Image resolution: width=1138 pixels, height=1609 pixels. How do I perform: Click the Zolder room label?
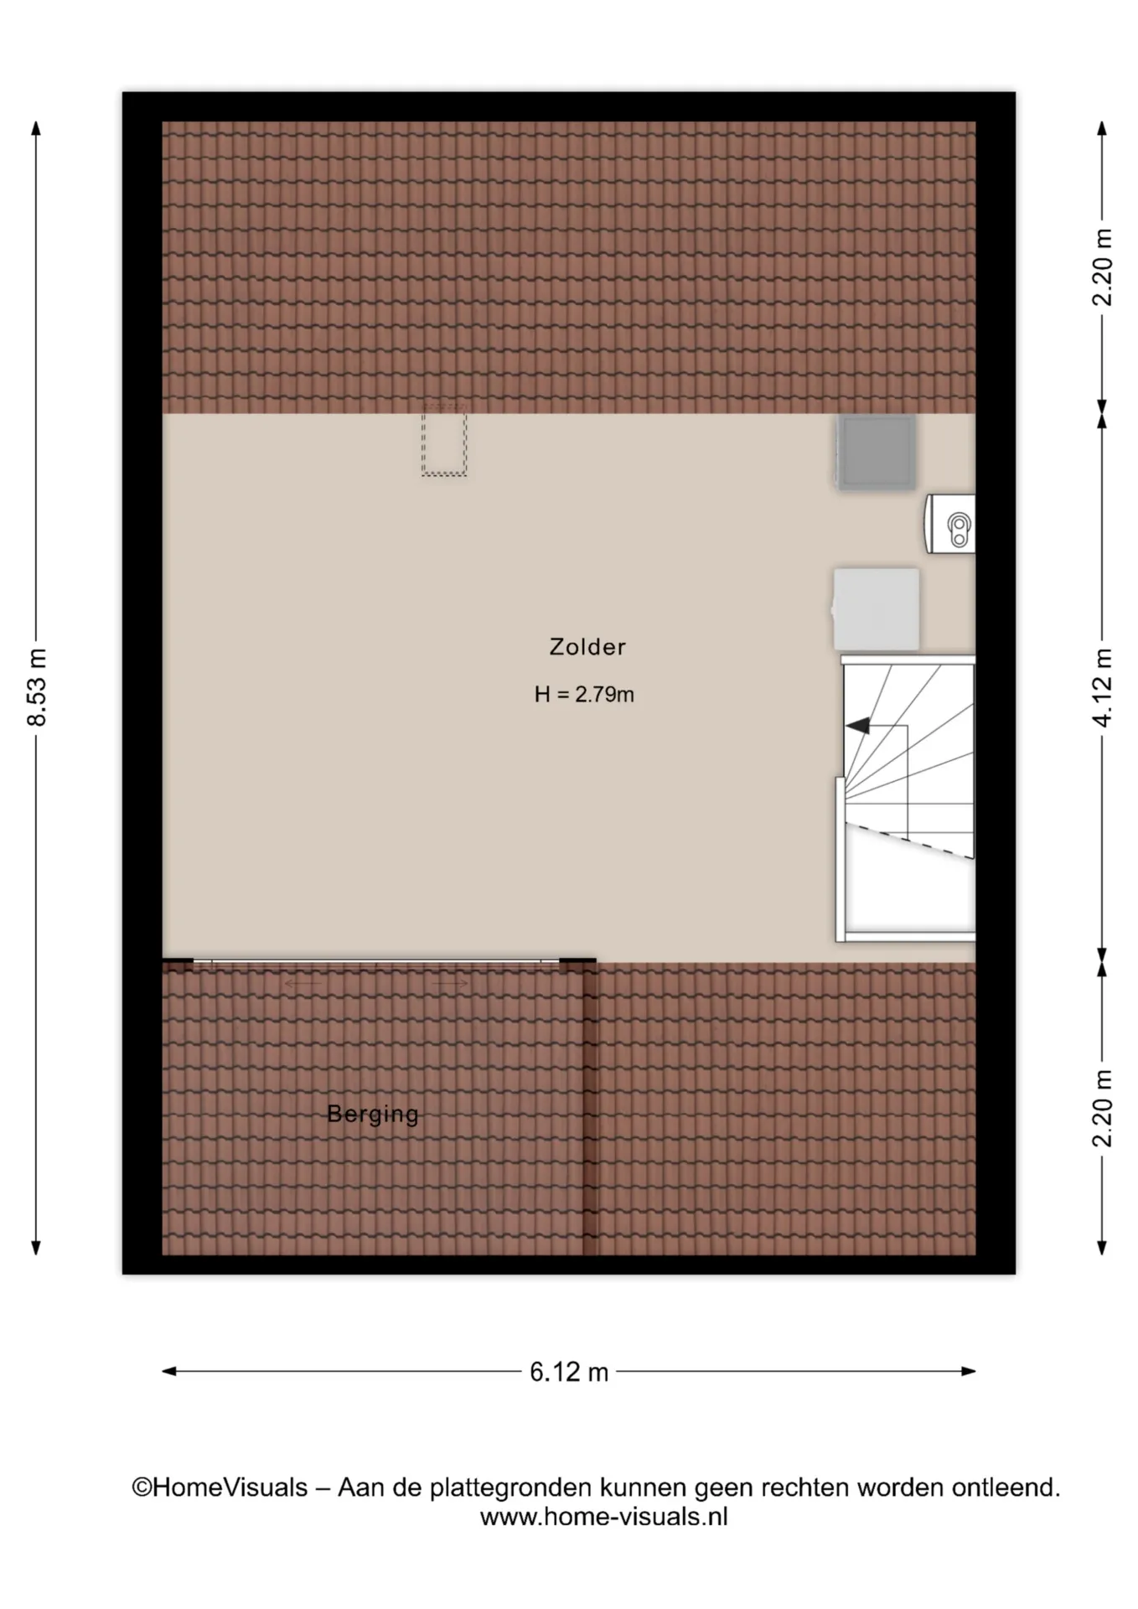[x=587, y=647]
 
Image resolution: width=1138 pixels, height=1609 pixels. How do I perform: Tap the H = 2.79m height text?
[x=584, y=694]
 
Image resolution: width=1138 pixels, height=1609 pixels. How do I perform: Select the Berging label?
[x=373, y=1115]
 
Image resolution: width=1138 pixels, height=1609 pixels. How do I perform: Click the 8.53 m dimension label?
[x=36, y=686]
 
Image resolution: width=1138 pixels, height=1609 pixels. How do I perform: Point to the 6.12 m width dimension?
[x=569, y=1372]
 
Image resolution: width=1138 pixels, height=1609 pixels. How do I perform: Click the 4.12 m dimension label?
[x=1103, y=687]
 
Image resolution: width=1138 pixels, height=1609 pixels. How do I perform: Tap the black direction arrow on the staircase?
[x=858, y=726]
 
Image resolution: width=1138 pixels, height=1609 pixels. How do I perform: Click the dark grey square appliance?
[x=876, y=452]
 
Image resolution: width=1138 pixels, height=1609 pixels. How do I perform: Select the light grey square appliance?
[x=876, y=609]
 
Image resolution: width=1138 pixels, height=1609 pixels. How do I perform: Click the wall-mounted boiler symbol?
[x=950, y=524]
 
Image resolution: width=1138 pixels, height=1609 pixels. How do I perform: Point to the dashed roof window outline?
[x=444, y=441]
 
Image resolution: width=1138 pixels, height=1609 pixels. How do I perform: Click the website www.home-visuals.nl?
[x=603, y=1516]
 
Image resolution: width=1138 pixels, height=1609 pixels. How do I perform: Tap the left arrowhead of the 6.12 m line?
[x=168, y=1372]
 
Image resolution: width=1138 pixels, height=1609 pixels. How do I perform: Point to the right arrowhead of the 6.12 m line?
[x=969, y=1372]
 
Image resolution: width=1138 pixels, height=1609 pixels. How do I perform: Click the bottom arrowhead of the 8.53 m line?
[x=36, y=1248]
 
